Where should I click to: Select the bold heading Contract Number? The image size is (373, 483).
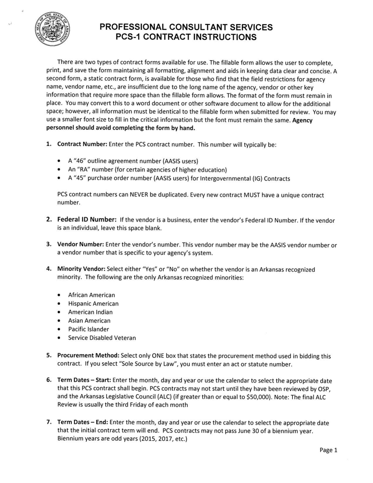click(82, 144)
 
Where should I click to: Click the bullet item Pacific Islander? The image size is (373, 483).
click(88, 329)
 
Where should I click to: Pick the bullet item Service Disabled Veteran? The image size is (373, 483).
click(102, 338)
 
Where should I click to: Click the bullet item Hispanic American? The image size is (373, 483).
click(93, 304)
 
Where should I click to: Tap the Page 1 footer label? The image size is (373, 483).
click(328, 450)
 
